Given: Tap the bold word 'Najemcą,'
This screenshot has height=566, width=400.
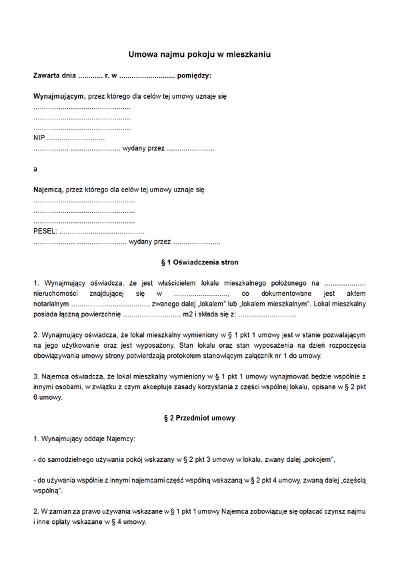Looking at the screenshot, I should [x=48, y=190].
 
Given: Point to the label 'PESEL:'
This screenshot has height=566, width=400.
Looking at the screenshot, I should [x=45, y=232].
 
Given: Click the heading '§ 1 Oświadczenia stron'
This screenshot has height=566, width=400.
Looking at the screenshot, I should [x=200, y=262].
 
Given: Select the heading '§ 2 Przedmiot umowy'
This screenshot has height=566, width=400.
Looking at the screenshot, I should [x=200, y=418].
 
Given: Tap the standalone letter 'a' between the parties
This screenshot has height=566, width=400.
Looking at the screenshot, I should [x=35, y=169].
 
